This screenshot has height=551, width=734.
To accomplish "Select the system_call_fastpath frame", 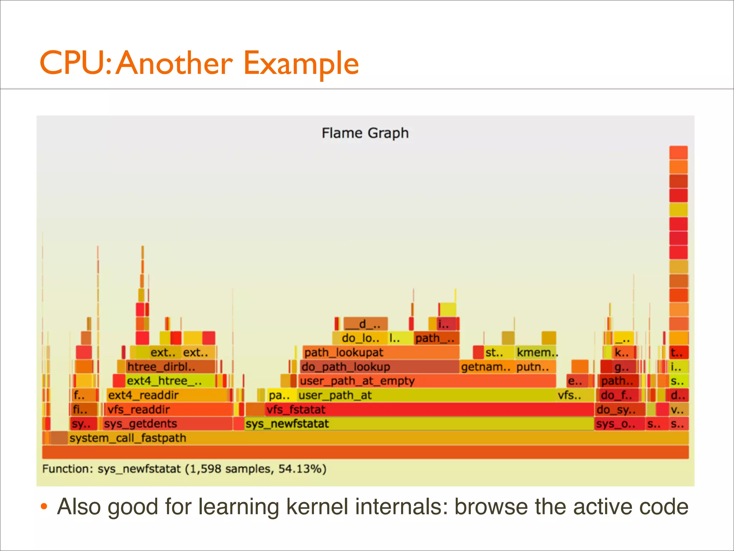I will (x=358, y=438).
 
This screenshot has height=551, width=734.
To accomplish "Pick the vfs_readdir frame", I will (x=168, y=409).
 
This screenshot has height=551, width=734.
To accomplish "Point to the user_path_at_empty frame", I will (x=426, y=381).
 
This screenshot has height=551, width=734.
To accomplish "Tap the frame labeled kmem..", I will (x=536, y=352).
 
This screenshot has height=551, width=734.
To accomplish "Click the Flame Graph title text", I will (x=365, y=133).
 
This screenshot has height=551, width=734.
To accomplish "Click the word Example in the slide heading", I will (x=301, y=63).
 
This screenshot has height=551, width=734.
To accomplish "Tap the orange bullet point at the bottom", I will (x=44, y=506).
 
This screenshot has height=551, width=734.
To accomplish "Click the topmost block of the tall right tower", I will (x=678, y=152).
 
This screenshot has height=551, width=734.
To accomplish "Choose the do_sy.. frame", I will (x=620, y=409).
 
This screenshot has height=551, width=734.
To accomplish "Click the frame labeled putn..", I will (x=535, y=367).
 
